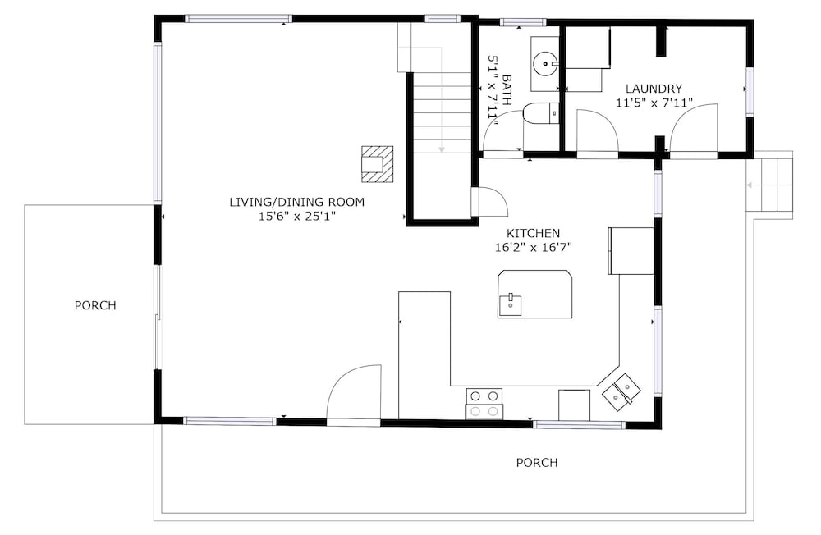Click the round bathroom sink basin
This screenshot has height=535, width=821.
pos(545,64)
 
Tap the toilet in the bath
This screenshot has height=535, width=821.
pos(541,113)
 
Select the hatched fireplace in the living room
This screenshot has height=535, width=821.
pos(378,164)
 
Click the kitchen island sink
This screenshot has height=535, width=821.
pos(510,304)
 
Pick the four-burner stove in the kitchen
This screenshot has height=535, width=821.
pos(484,404)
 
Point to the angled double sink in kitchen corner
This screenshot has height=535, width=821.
pos(621,391)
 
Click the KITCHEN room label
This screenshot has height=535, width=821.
pos(533,233)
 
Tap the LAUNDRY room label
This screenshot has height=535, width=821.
pos(654,89)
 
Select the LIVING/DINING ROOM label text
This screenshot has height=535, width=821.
pos(297,202)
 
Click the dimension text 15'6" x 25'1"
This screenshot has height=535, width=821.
pos(297,216)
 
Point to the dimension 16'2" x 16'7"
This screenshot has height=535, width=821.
pos(533,247)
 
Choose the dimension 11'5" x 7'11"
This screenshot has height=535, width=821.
pos(654,103)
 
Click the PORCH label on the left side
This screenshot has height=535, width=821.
pos(95,305)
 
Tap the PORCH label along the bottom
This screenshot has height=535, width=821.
pos(537,462)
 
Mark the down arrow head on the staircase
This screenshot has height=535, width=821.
pos(442,149)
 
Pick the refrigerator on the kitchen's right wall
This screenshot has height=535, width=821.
pos(631,251)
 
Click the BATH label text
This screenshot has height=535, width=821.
pos(507,90)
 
